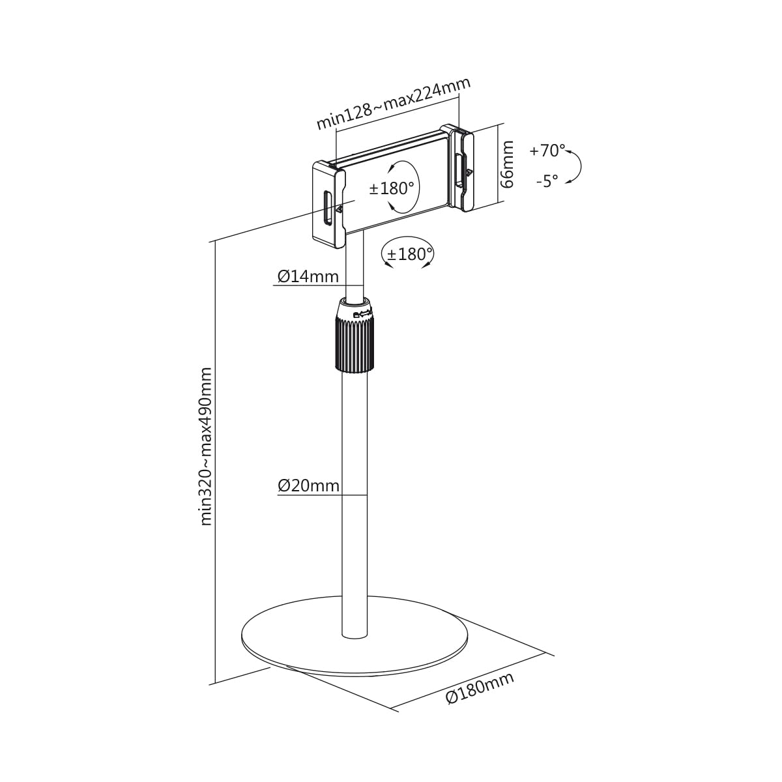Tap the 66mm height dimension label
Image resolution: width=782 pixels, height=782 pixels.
coord(507,164)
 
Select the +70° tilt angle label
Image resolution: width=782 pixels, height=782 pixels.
coord(547,151)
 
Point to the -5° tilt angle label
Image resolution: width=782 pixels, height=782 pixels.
coord(547,181)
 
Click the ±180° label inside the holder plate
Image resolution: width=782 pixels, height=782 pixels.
coord(392,188)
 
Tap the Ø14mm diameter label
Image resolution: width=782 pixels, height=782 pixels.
coord(308,276)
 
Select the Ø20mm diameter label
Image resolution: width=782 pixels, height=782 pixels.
coord(308,485)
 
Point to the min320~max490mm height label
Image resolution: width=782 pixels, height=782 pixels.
coord(206,447)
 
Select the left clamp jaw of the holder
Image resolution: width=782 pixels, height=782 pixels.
coord(328,204)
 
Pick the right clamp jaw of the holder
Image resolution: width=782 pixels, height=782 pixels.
coord(461,167)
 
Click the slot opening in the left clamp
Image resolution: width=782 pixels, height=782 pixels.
coord(327,207)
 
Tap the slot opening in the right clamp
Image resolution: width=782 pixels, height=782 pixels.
coord(460,170)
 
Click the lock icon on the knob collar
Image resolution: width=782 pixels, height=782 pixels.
coord(356,314)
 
